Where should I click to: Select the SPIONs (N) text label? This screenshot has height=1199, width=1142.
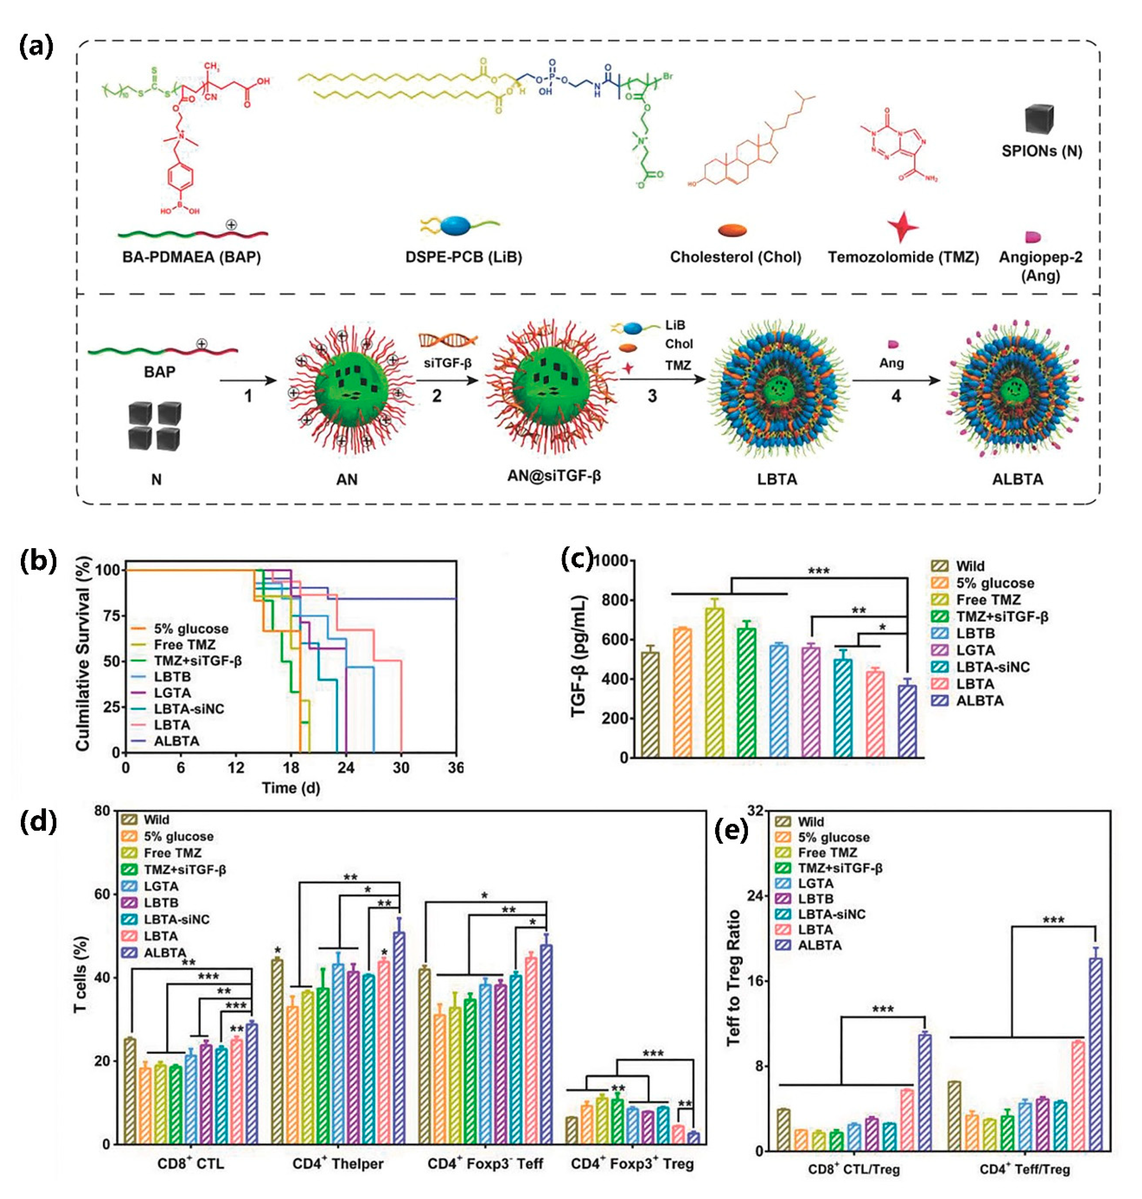point(1041,151)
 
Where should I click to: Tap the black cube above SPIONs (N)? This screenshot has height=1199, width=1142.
point(1038,119)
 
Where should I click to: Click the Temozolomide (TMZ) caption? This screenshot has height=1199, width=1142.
point(903,257)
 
